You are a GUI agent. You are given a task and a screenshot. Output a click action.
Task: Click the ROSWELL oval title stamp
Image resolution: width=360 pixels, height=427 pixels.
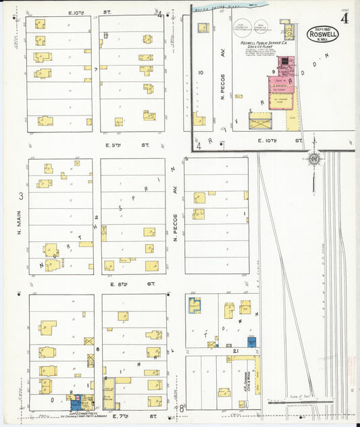322,33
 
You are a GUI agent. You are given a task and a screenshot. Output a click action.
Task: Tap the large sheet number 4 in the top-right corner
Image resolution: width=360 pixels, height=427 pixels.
344,18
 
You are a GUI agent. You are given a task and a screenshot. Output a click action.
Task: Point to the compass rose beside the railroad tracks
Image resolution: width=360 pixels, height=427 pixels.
313,159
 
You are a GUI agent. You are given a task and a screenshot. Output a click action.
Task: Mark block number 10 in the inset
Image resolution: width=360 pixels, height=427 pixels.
201,72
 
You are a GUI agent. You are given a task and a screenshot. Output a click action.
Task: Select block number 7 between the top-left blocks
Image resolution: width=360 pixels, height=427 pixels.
97,69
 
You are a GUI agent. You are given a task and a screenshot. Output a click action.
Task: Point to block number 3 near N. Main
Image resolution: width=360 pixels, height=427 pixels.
22,196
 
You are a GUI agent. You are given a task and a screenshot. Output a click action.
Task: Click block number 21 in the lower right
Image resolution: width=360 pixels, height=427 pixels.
236,352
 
